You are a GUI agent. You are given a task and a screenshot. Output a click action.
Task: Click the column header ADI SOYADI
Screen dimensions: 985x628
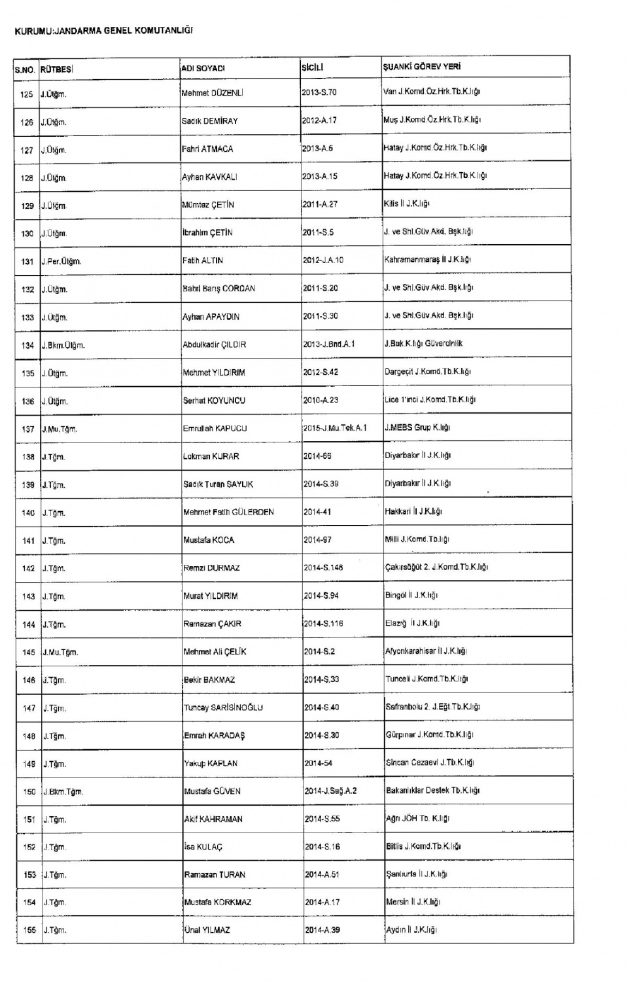203,68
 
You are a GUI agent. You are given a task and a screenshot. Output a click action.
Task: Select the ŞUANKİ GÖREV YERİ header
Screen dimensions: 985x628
422,67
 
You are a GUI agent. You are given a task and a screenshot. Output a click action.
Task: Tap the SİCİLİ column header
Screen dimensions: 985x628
313,67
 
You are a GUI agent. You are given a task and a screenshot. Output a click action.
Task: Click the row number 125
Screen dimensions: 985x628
27,94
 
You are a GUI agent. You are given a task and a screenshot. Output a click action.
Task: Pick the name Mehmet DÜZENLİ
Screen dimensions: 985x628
213,94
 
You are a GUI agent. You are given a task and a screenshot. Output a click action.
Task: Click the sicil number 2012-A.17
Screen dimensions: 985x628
319,120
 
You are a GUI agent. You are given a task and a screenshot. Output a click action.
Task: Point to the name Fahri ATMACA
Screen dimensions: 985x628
207,149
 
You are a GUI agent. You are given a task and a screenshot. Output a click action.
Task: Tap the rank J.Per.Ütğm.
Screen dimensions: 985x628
61,262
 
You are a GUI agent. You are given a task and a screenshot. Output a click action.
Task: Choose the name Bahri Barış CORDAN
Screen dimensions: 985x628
219,289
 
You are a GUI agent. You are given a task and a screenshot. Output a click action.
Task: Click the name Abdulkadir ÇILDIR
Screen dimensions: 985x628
215,345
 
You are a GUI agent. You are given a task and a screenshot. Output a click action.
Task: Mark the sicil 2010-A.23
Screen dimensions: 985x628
321,400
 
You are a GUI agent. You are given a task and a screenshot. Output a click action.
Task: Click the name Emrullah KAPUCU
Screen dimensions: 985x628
215,429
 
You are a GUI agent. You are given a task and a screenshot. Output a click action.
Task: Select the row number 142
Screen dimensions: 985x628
28,569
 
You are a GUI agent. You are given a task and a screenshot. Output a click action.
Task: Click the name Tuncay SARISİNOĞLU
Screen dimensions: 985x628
223,707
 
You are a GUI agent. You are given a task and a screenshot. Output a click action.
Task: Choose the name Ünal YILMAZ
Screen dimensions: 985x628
207,930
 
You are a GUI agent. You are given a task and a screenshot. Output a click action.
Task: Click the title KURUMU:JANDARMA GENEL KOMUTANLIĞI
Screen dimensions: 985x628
103,31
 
